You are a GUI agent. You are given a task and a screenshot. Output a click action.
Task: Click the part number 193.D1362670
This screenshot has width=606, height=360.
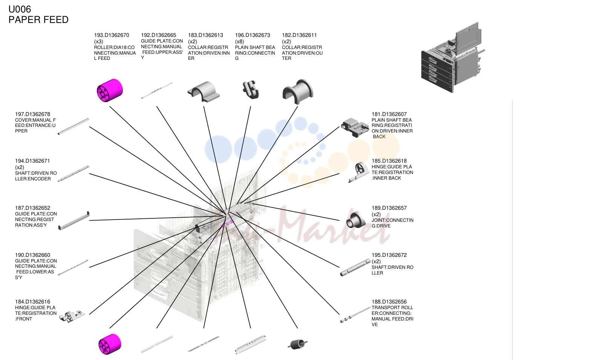112,35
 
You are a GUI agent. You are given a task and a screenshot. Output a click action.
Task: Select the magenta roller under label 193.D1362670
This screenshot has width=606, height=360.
110,90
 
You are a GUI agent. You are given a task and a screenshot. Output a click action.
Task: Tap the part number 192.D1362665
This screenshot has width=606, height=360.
158,35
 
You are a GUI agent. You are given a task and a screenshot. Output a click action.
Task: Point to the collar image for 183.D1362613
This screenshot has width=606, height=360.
204,92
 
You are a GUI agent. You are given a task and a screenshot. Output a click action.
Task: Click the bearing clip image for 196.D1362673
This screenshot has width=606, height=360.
251,90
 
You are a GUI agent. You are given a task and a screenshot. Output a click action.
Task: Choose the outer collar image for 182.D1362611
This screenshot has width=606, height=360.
298,92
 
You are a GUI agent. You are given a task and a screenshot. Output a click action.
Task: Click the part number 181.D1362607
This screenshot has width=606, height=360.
389,114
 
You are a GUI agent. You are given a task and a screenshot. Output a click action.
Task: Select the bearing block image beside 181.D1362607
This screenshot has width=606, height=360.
355,128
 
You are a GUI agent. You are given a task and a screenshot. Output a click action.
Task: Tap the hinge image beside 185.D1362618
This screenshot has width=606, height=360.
359,172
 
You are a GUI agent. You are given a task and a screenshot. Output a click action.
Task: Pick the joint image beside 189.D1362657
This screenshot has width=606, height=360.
356,220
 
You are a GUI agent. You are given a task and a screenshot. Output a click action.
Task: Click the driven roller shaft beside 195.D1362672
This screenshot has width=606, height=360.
355,268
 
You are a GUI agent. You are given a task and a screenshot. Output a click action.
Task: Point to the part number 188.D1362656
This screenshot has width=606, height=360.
389,302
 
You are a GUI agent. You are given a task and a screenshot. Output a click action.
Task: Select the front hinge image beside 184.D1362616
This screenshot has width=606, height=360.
72,316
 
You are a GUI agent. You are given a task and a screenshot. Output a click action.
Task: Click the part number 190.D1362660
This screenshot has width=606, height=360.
32,255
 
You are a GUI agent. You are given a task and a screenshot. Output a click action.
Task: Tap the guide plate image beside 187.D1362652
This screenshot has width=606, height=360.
74,221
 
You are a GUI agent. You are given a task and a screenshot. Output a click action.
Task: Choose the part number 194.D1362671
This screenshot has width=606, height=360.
32,161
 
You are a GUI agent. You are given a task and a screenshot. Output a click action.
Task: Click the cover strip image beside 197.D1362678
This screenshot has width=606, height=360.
73,126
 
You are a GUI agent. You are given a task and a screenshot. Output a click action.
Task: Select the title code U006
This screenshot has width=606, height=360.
20,9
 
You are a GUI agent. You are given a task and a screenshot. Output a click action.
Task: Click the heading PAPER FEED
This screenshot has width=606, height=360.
38,20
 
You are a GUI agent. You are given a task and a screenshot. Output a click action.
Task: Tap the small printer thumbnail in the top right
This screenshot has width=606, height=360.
453,57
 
